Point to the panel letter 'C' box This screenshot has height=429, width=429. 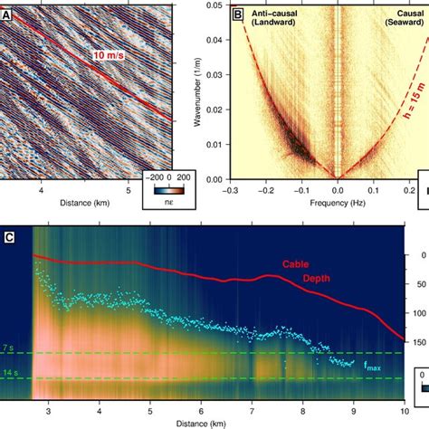[x=9, y=239]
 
